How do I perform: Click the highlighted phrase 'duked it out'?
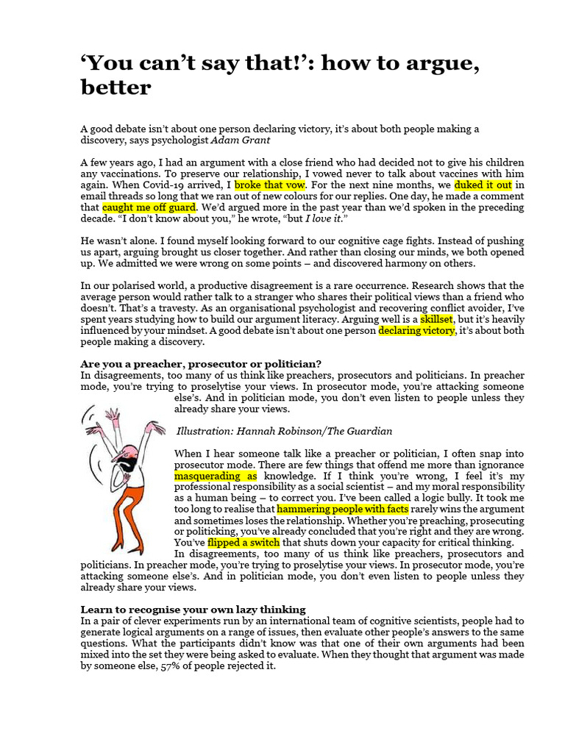483,185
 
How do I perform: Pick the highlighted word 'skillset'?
436,320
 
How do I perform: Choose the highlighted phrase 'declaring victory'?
417,331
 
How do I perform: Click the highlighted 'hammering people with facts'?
342,509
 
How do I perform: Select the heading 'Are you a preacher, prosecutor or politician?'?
201,364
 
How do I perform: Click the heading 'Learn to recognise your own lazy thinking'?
193,610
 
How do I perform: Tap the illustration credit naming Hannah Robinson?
284,431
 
